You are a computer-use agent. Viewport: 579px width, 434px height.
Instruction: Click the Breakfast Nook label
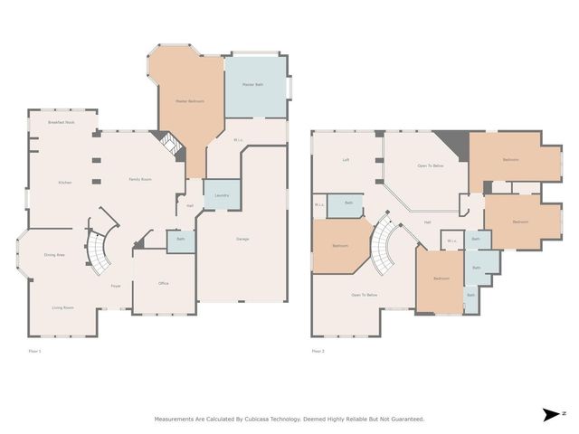(62, 122)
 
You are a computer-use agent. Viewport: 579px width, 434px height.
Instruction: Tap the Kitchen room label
(64, 183)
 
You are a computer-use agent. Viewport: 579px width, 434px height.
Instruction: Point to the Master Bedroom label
(189, 101)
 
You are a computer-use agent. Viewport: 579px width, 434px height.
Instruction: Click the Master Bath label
(252, 85)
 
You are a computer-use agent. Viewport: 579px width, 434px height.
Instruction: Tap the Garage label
(242, 239)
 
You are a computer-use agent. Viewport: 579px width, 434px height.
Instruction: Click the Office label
(164, 284)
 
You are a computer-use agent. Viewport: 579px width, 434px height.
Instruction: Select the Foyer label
(116, 287)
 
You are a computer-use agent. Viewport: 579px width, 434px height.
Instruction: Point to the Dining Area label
(54, 255)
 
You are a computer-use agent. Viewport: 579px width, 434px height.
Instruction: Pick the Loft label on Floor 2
(346, 160)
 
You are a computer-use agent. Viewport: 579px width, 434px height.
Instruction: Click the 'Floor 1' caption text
(34, 351)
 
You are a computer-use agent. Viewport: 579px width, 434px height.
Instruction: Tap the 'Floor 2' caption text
(318, 351)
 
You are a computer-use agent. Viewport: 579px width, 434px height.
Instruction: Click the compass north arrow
(551, 414)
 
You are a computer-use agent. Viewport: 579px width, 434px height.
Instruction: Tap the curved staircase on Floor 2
(387, 246)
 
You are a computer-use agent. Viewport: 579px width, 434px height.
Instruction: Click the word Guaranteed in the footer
(404, 419)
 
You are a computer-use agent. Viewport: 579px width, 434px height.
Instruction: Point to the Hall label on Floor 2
(427, 222)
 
